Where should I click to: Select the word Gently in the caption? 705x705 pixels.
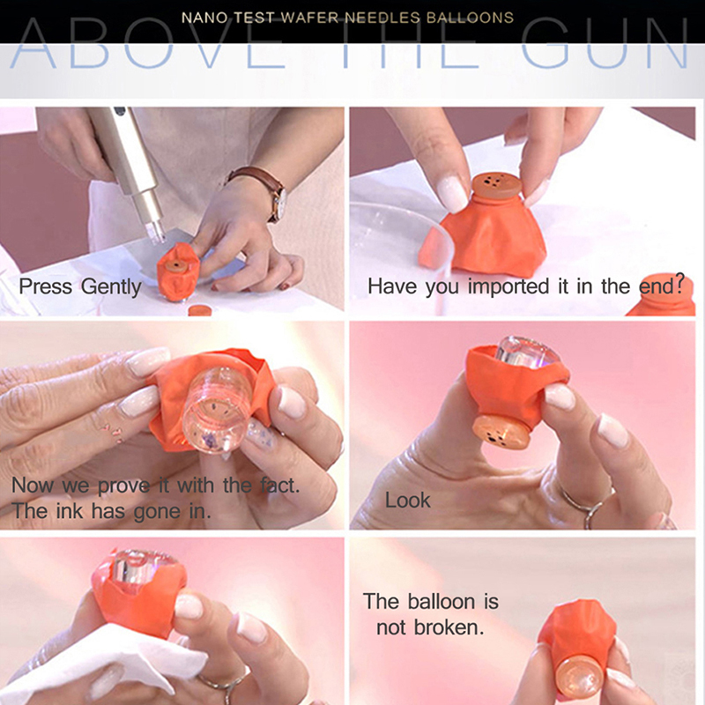click(111, 287)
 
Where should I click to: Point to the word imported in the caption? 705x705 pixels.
click(508, 286)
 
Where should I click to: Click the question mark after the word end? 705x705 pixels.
click(679, 284)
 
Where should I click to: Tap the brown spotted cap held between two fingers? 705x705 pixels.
click(497, 185)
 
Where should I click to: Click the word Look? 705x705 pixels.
click(407, 500)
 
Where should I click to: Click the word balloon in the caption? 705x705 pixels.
click(442, 602)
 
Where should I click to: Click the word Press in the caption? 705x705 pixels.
click(46, 287)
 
